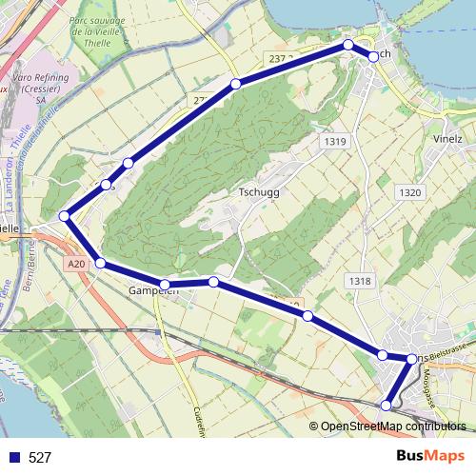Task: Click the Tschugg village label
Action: point(257,191)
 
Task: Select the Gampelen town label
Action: point(152,290)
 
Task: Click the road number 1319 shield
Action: point(333,142)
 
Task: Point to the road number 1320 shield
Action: point(409,192)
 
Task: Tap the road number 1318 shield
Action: point(359,281)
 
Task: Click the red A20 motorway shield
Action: point(77,264)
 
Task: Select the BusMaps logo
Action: point(437,456)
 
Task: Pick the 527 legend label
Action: point(40,458)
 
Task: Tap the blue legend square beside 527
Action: point(14,458)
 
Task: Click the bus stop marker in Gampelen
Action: point(165,284)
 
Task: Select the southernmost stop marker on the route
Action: point(387,406)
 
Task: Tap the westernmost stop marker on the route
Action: point(65,217)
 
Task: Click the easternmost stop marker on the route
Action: point(411,359)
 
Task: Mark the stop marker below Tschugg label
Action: point(213,282)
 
